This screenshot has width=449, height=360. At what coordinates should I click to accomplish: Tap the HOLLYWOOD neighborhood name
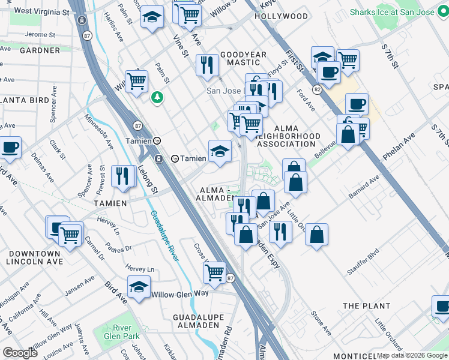point(281,16)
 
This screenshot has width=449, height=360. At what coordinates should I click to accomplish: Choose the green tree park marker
point(157,97)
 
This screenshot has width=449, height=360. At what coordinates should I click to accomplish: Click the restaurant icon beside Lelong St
point(122,176)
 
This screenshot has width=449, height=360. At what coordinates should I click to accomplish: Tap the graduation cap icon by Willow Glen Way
point(139,287)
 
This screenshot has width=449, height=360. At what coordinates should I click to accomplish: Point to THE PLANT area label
point(367,306)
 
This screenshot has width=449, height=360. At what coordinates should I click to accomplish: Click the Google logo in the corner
point(20,353)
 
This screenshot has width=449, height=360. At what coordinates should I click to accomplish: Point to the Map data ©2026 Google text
point(412,355)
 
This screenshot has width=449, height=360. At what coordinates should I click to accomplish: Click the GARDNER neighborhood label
point(40,50)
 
